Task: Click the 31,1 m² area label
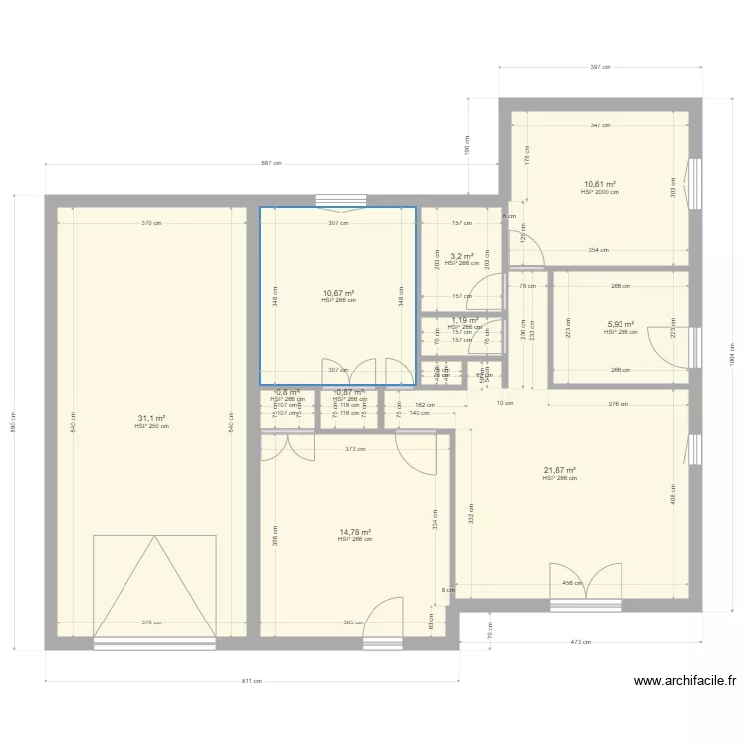click(152, 419)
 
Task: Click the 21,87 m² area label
click(560, 471)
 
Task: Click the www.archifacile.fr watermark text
click(684, 682)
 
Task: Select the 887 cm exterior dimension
click(271, 164)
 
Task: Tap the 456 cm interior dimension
click(572, 583)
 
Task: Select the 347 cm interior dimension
click(599, 125)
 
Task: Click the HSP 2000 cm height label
click(599, 192)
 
